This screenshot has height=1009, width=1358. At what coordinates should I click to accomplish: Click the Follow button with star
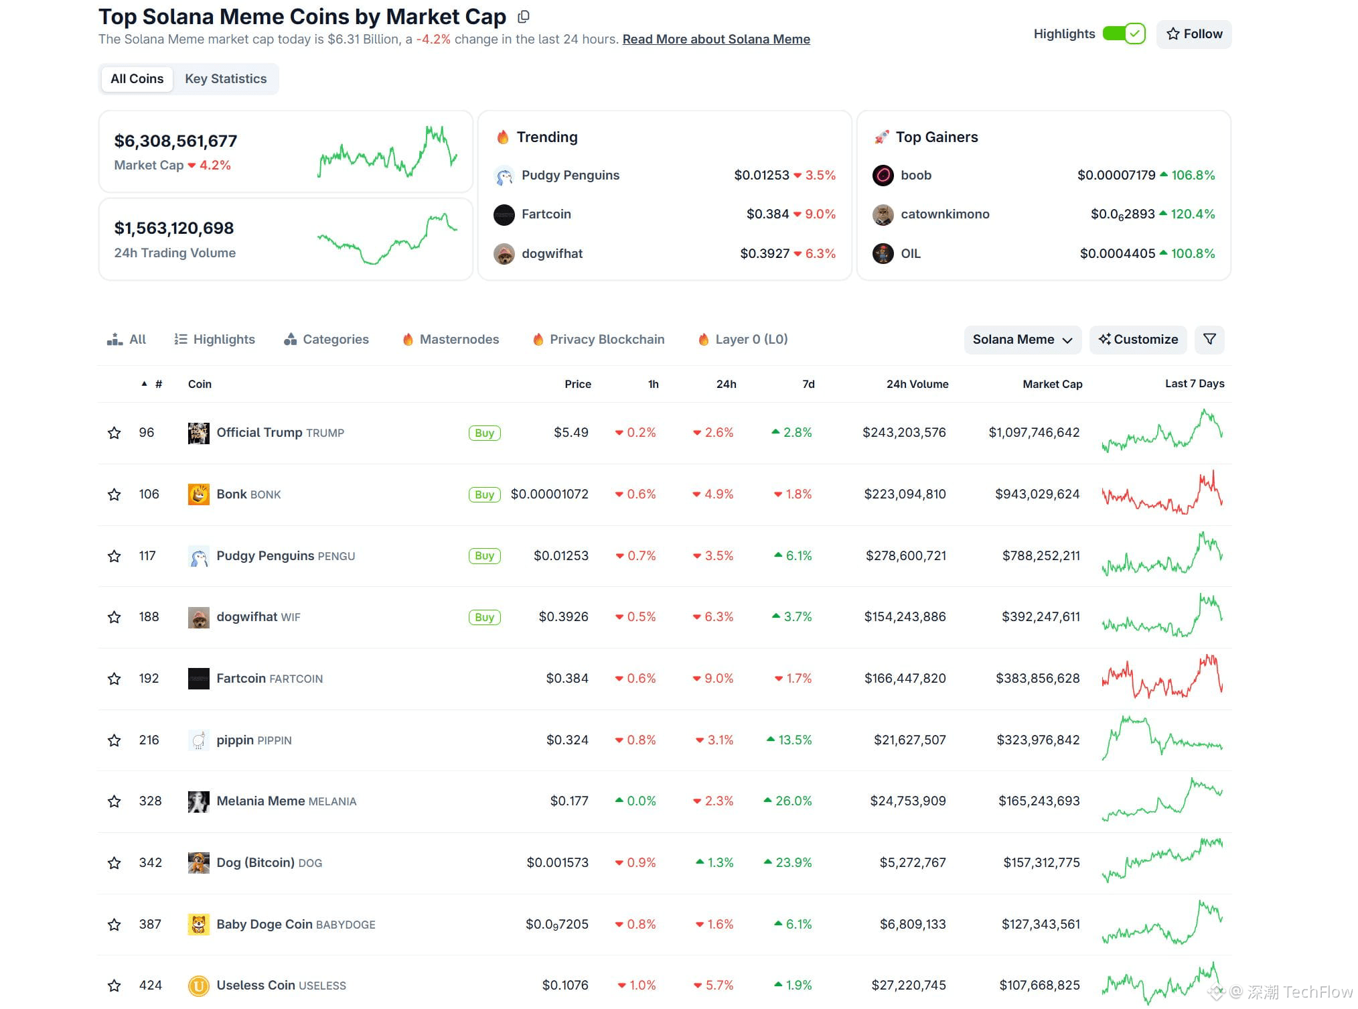pos(1194,34)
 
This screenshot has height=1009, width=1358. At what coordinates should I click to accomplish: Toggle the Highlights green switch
pos(1124,33)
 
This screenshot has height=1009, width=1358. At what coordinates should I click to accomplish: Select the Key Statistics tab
pos(226,79)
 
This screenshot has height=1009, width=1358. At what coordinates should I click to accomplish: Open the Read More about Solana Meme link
pos(716,40)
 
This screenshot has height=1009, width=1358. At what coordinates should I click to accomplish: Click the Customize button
pos(1138,340)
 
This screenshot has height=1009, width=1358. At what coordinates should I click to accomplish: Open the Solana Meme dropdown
pos(1022,340)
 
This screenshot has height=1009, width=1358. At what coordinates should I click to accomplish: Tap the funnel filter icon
pos(1209,340)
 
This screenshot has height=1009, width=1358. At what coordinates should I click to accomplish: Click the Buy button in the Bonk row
pos(484,494)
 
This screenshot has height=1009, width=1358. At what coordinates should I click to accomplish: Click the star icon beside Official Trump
pos(115,433)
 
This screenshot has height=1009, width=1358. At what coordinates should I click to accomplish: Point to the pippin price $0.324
pos(567,740)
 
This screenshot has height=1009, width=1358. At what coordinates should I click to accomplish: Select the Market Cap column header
pos(1052,384)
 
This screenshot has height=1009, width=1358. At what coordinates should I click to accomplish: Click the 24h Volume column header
pos(917,384)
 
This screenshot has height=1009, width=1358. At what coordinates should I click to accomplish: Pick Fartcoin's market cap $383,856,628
pos(1037,678)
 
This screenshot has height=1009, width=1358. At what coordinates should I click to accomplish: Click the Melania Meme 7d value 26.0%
pos(793,801)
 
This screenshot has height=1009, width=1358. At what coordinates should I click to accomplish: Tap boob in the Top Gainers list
pos(915,176)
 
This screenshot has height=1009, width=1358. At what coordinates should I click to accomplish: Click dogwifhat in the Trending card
pos(552,254)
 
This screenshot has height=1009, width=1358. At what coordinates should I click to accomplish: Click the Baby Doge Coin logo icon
pos(199,924)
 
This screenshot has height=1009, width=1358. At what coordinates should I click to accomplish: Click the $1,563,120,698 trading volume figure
pos(174,228)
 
